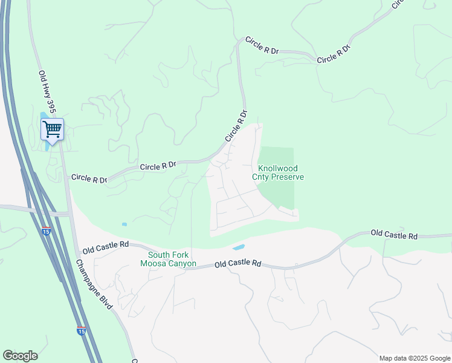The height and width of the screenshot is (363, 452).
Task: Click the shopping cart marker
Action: click(x=52, y=129)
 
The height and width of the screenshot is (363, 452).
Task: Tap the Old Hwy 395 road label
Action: click(x=47, y=91)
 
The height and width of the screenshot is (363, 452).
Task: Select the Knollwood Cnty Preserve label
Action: click(x=278, y=172)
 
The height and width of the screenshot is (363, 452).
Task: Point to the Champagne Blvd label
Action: click(x=94, y=284)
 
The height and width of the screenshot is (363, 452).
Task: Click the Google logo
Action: click(x=20, y=356)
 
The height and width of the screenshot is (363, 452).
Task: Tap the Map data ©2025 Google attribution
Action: click(x=415, y=358)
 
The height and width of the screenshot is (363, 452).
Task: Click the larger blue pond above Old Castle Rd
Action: click(x=239, y=247)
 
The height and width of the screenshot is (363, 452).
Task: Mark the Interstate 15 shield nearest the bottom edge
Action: click(x=82, y=330)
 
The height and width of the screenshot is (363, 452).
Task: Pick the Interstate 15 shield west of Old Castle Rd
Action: click(x=47, y=231)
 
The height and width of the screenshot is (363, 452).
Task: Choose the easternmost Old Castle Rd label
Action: click(x=394, y=234)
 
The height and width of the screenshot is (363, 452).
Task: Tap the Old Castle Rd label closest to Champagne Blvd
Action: click(x=106, y=246)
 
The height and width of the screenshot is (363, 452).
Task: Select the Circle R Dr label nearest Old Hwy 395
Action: click(x=89, y=178)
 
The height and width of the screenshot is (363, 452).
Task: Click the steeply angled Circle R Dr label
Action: click(x=236, y=126)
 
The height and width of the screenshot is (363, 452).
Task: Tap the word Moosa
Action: click(x=154, y=264)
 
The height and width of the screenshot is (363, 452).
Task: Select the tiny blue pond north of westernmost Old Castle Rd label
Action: click(x=124, y=224)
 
